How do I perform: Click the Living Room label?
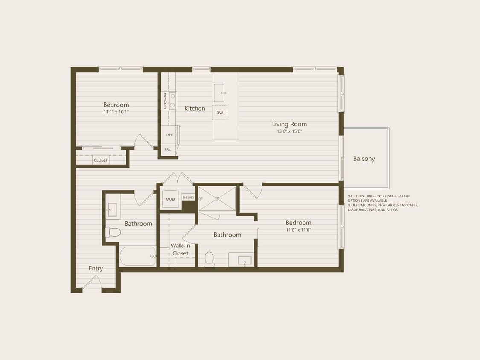289,124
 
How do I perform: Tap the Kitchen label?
195,109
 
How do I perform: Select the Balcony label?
364,159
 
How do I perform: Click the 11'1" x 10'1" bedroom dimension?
116,112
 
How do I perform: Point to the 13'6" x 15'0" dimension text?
289,131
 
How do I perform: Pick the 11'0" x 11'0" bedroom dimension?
298,230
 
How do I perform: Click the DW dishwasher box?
220,113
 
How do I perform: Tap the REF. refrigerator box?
170,135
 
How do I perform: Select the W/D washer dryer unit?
170,199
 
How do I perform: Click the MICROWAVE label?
165,101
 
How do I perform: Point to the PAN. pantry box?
168,150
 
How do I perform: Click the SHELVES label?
188,197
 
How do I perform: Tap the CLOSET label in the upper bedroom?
101,160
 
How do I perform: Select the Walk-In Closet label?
180,250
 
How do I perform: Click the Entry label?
96,268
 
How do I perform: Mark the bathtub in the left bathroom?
137,256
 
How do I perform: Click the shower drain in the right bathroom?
217,198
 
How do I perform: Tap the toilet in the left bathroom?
114,232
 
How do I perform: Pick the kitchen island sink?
219,93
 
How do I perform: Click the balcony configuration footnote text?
383,203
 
